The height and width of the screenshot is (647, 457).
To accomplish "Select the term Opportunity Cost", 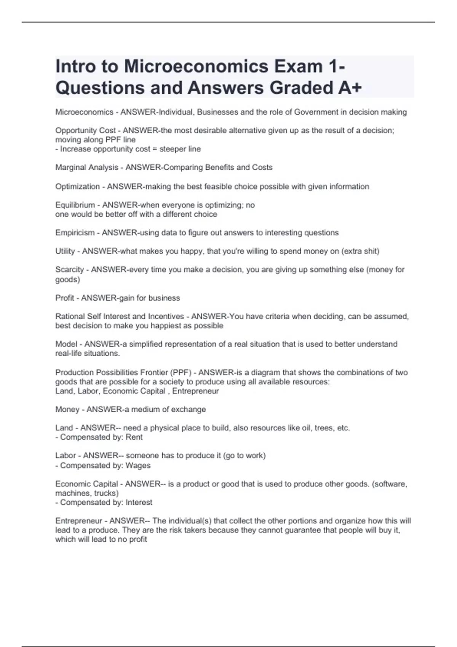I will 85,131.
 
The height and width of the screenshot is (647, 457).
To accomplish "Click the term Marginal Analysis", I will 87,167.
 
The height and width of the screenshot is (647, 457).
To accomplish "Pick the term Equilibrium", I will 75,205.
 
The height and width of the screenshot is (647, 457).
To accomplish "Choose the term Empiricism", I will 75,233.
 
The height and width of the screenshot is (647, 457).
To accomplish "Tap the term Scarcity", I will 70,269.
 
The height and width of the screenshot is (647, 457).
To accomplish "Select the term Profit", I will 65,298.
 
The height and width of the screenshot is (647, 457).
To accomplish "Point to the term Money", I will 67,410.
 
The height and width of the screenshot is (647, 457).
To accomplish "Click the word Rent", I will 134,437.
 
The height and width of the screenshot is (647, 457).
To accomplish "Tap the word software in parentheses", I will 391,484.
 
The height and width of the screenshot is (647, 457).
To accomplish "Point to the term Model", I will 66,344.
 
